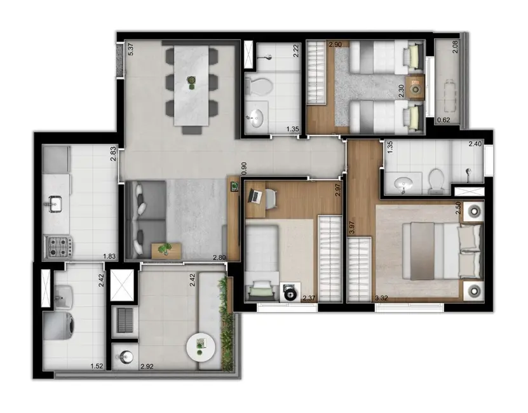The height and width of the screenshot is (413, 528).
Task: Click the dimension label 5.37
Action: (130, 49)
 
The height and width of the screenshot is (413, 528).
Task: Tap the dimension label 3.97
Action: (351, 227)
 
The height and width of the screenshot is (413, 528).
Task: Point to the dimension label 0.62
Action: (443, 119)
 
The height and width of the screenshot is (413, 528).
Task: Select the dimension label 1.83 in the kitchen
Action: (110, 257)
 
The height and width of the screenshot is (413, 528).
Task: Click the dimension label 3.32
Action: (382, 297)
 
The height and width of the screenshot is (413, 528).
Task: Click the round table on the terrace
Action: (202, 346)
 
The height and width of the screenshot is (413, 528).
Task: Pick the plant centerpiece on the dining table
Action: (191, 80)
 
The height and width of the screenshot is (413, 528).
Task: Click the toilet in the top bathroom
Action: (261, 86)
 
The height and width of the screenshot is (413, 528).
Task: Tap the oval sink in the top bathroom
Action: (257, 119)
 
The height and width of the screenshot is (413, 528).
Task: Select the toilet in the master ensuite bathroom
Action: (437, 180)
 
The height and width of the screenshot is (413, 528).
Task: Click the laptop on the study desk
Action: (257, 196)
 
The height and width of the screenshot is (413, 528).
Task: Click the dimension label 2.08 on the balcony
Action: (455, 47)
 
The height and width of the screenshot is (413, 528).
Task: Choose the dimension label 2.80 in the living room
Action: (220, 257)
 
